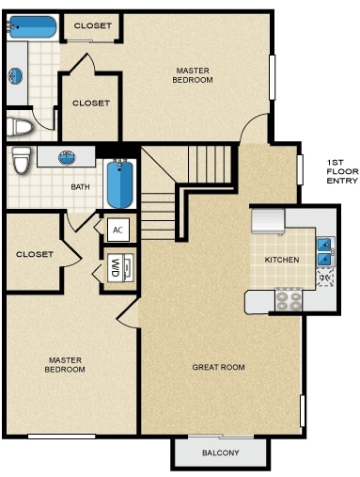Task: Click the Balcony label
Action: click(221, 453)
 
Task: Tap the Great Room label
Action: click(218, 367)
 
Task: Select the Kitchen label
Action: click(282, 260)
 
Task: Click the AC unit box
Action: click(117, 230)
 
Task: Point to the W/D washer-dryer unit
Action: click(120, 266)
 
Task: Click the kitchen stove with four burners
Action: click(289, 301)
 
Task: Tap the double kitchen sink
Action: click(325, 251)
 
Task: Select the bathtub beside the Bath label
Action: click(119, 184)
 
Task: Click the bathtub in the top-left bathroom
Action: click(32, 27)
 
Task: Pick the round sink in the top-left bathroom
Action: click(16, 76)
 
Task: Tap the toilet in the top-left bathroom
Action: click(20, 127)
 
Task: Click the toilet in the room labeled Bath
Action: click(22, 160)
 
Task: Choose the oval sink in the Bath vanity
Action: click(67, 157)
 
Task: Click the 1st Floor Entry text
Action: click(342, 171)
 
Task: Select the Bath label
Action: click(80, 187)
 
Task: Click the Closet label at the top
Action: click(93, 25)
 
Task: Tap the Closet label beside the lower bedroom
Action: click(35, 254)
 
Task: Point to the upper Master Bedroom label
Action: click(193, 75)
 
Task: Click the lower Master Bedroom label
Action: click(65, 365)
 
